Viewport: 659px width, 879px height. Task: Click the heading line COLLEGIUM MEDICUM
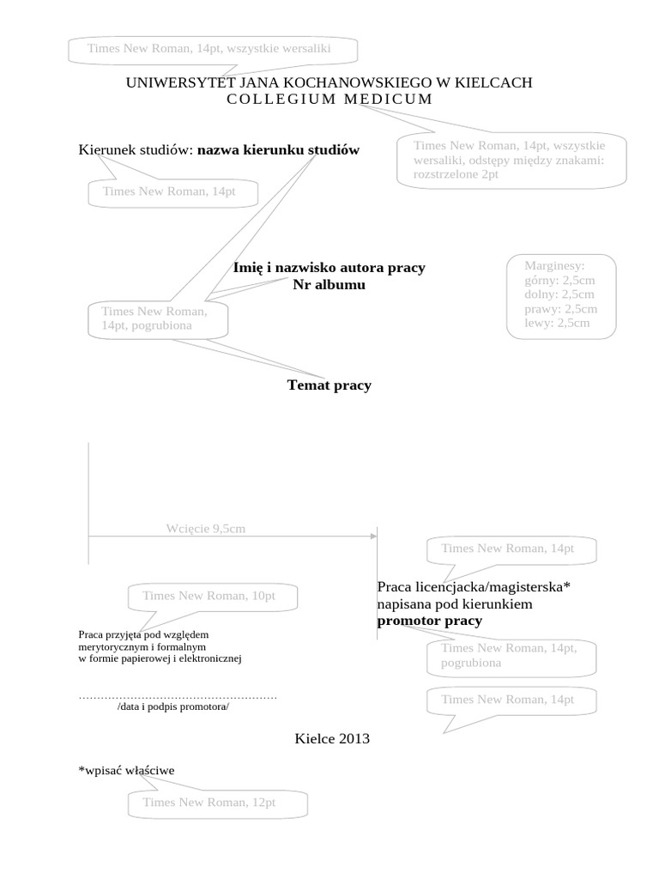click(x=329, y=100)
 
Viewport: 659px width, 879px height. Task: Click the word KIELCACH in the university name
click(x=495, y=82)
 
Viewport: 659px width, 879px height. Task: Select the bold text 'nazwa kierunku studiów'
click(x=279, y=150)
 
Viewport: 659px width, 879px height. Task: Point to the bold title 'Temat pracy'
click(x=329, y=385)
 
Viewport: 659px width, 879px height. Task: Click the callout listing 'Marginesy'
click(x=560, y=294)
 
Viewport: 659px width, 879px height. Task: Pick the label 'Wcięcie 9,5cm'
click(x=206, y=529)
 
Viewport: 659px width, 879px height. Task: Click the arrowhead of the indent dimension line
click(x=373, y=536)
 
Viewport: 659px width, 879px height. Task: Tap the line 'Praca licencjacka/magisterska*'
click(x=474, y=587)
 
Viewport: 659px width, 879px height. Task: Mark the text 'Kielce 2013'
click(x=332, y=737)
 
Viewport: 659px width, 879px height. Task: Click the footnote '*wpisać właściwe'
click(x=126, y=771)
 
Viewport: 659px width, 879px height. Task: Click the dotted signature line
click(x=178, y=696)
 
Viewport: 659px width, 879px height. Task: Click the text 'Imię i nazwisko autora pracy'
click(x=329, y=268)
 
